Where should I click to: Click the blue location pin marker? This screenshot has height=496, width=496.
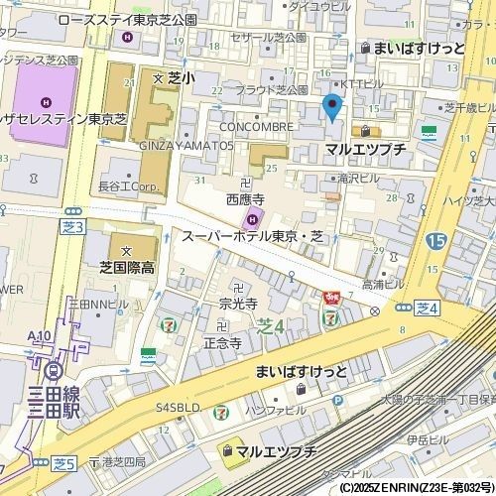pos(332,106)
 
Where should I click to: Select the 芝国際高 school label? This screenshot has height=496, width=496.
pos(126,267)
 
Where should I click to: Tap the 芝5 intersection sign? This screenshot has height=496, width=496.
pos(65,463)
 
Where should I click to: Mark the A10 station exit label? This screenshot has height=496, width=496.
pos(41,337)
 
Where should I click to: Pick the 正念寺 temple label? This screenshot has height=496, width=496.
pos(222,342)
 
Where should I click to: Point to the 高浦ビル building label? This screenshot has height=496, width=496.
pos(383,284)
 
